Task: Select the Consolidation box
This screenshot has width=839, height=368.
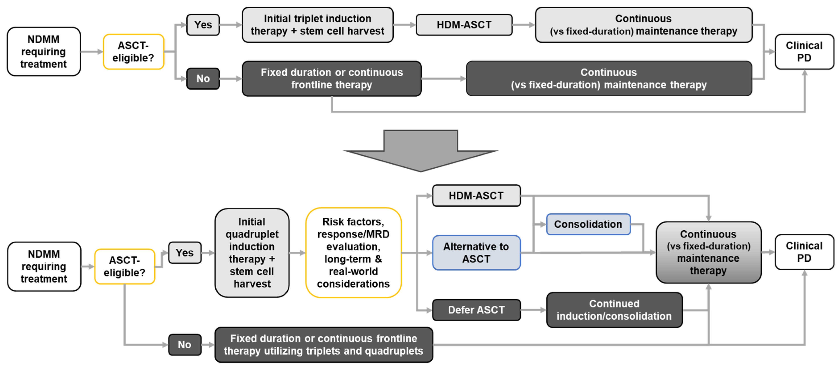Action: click(588, 224)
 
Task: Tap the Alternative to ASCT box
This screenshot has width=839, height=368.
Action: click(476, 253)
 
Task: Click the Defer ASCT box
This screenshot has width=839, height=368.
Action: click(476, 310)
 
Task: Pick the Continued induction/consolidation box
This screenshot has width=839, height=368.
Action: click(614, 310)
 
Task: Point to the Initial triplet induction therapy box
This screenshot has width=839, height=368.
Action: click(317, 25)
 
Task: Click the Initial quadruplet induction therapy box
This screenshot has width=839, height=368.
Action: click(252, 253)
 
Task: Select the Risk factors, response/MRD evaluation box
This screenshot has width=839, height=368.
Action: click(353, 253)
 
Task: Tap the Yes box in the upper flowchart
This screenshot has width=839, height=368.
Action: click(203, 25)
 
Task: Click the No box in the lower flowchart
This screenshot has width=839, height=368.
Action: click(185, 345)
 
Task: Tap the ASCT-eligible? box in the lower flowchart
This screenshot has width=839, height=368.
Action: click(124, 266)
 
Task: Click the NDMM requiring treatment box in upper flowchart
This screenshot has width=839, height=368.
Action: click(44, 52)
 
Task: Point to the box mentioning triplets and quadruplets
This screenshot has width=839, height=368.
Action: click(324, 345)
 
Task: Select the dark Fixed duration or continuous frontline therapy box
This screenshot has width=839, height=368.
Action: click(332, 79)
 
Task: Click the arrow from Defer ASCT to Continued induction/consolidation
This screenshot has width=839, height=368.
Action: click(533, 310)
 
